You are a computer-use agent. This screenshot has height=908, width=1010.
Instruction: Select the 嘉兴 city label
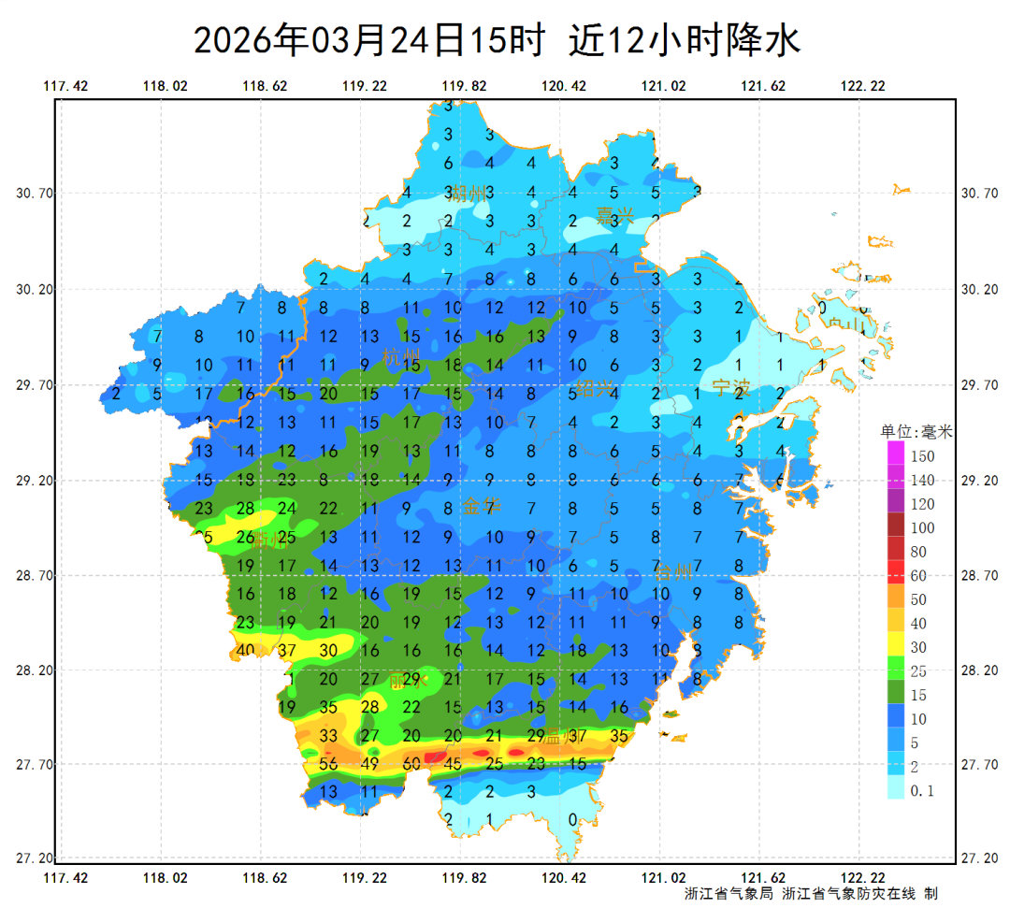click(615, 215)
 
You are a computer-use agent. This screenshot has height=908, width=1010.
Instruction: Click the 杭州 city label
click(402, 356)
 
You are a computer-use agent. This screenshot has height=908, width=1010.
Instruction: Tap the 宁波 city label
click(730, 387)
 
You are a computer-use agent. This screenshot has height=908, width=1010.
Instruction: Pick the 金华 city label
click(482, 507)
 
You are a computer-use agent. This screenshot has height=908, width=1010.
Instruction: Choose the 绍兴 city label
click(594, 388)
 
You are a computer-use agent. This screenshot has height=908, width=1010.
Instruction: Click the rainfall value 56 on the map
click(328, 764)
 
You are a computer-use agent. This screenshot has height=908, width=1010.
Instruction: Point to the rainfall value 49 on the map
click(369, 764)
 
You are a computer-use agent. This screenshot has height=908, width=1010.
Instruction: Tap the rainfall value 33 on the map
click(328, 736)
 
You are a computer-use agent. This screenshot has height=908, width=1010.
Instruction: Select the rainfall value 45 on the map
click(453, 764)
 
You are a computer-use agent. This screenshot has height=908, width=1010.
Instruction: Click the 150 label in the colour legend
click(923, 456)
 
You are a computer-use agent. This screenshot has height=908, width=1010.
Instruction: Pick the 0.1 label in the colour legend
click(923, 791)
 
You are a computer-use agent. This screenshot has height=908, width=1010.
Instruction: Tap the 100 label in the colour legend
click(923, 528)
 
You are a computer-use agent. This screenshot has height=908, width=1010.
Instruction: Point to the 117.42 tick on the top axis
click(65, 86)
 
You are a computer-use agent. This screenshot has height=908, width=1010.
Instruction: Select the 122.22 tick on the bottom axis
click(863, 878)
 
